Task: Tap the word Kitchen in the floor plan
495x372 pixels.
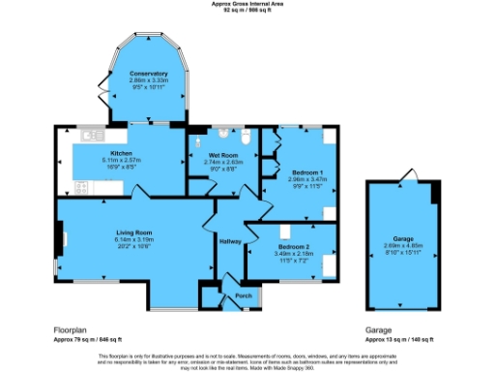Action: tap(121, 153)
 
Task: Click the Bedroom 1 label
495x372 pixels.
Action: tap(307, 171)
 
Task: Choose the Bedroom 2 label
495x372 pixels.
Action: tap(279, 231)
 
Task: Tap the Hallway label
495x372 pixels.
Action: tap(230, 241)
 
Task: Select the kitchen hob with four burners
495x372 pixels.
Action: tap(62, 179)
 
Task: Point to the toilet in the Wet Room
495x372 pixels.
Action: tap(247, 140)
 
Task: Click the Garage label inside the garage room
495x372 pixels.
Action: tap(402, 236)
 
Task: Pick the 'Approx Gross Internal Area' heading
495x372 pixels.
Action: tap(247, 4)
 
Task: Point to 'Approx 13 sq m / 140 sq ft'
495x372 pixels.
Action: tap(399, 340)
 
